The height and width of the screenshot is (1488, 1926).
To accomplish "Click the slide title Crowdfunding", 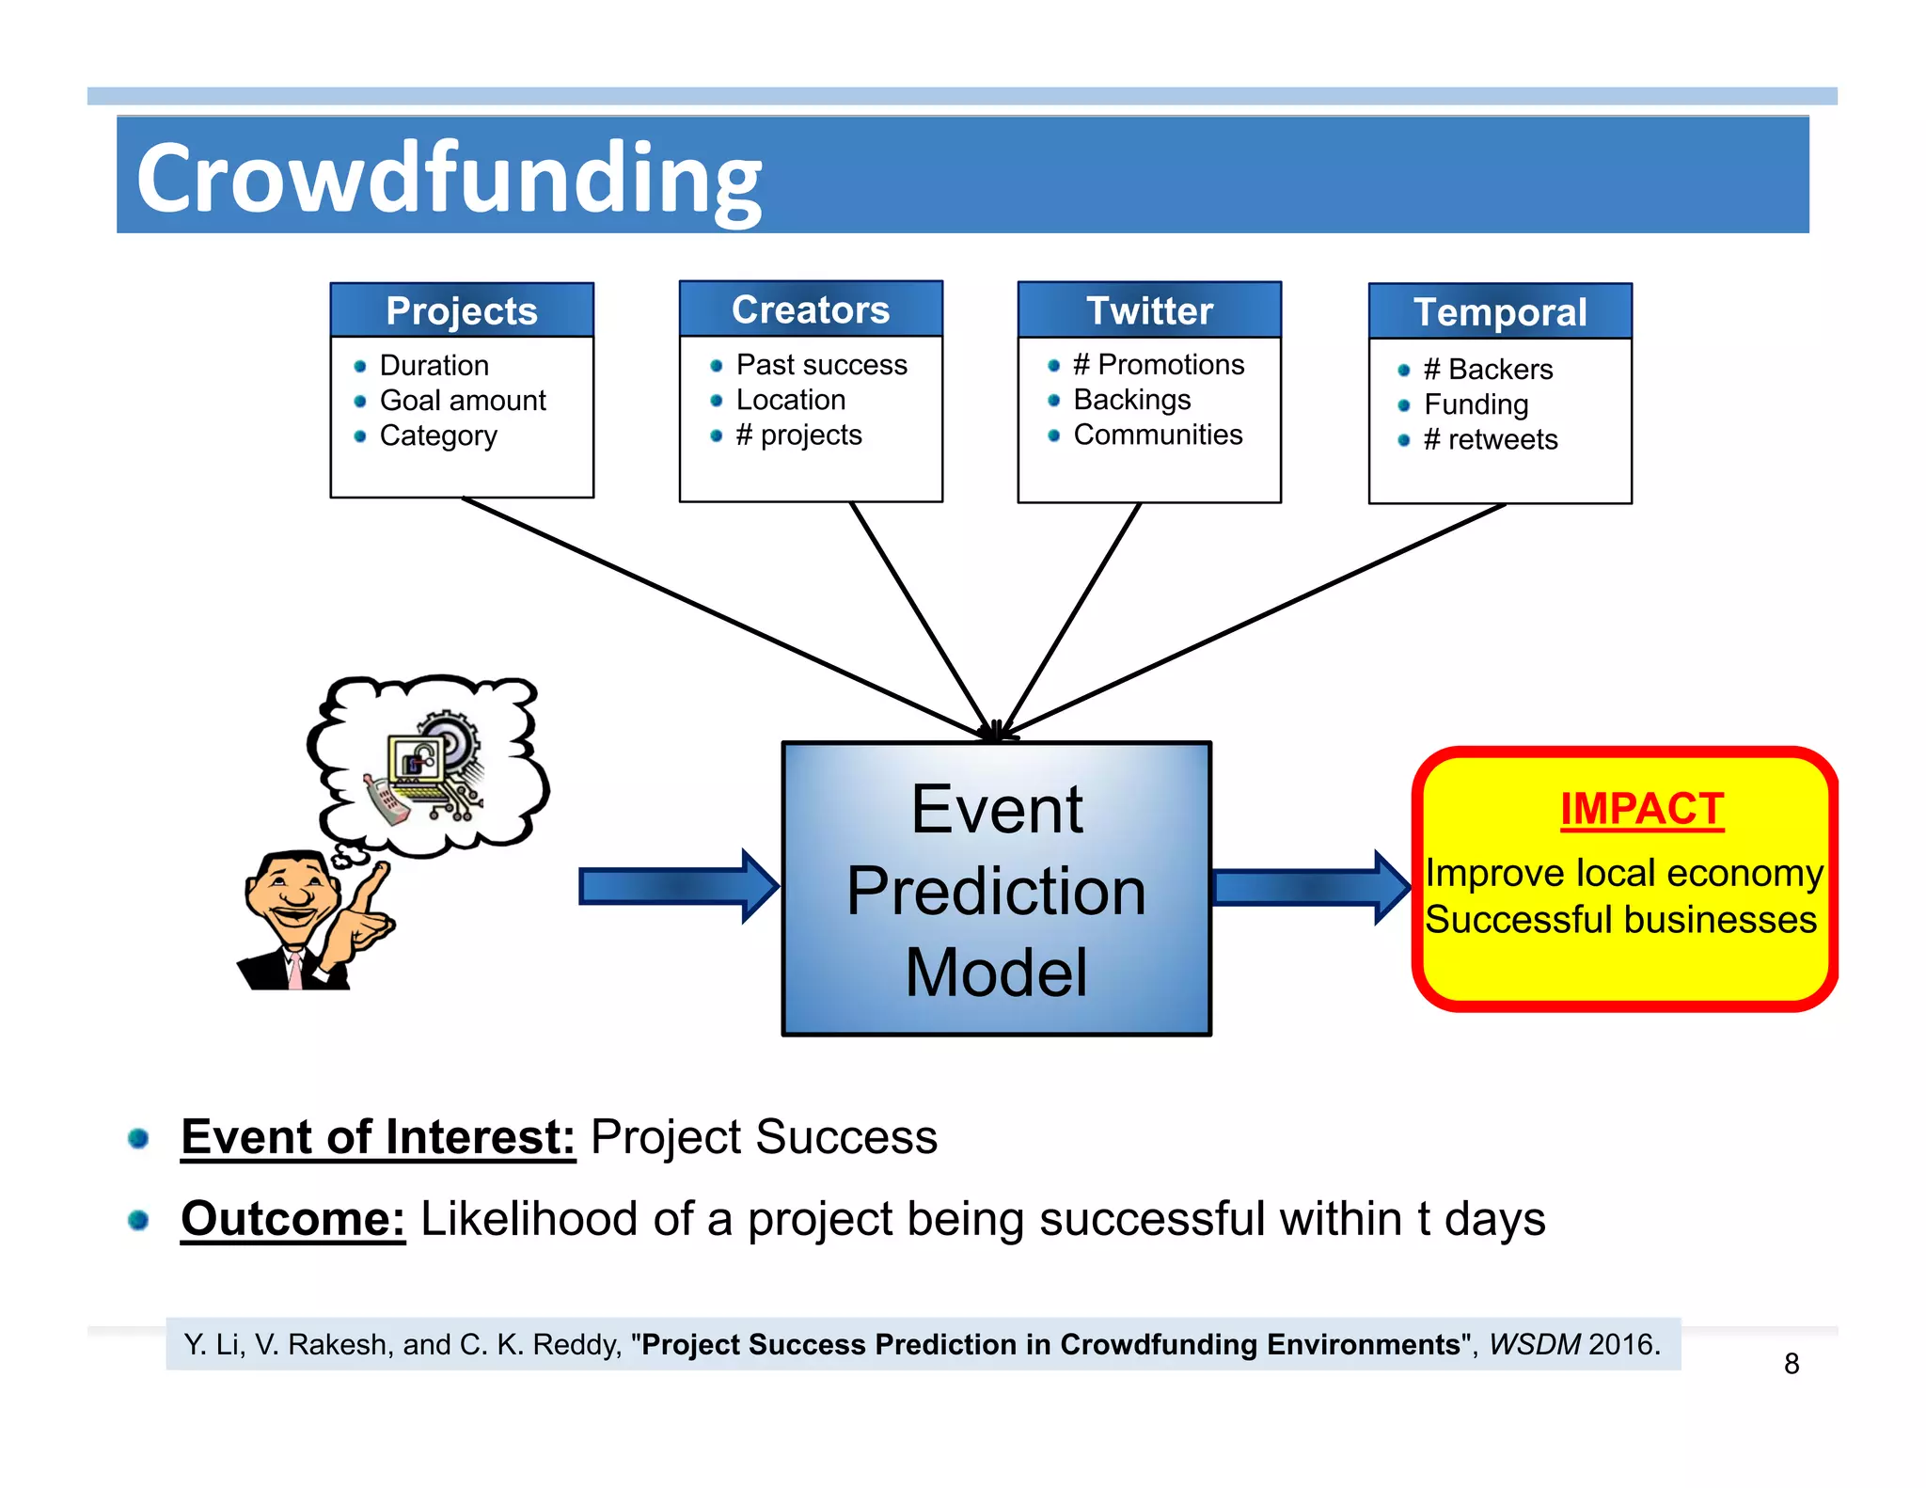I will point(449,178).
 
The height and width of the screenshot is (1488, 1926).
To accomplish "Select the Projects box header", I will point(461,311).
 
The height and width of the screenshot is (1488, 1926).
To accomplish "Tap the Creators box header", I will point(811,309).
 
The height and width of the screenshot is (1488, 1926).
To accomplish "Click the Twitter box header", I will point(1149,311).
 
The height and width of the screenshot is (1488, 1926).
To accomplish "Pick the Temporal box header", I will point(1500,312).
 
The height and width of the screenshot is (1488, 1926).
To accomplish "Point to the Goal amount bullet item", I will point(462,401).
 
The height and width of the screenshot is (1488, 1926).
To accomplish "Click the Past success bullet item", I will point(821,365).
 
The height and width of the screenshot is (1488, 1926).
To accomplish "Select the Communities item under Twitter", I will point(1158,435).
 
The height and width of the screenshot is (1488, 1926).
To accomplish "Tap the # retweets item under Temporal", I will point(1490,439).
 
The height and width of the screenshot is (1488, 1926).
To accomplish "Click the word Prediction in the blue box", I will point(996,891).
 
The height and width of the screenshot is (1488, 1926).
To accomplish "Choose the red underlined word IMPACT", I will point(1641,809).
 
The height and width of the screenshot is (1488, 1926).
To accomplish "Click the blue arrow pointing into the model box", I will point(677,886).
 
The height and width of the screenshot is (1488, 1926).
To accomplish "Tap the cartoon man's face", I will point(293,894).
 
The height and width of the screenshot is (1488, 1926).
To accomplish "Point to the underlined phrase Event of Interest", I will point(378,1136).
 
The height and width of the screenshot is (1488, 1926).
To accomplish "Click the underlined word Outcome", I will point(292,1219).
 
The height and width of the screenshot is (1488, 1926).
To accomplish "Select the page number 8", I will point(1792,1364).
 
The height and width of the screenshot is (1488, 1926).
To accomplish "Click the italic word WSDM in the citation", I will point(1535,1344).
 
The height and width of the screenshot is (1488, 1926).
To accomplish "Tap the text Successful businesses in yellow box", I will point(1620,919).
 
